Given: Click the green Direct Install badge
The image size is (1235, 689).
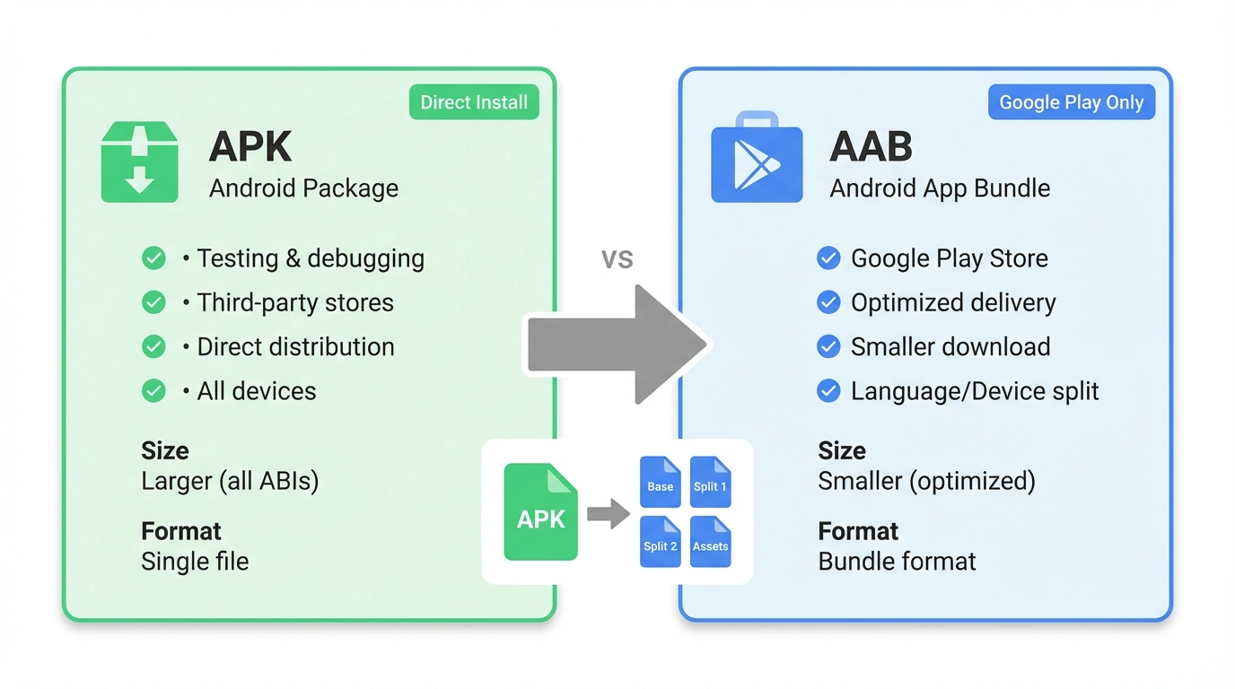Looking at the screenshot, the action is click(474, 102).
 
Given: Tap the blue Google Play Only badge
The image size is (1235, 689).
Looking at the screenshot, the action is click(1072, 102).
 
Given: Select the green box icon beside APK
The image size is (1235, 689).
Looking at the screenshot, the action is click(139, 162).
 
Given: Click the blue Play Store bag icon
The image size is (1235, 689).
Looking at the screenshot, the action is click(757, 158).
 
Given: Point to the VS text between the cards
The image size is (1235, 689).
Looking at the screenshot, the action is click(617, 259).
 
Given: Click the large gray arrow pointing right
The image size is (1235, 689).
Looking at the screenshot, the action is click(617, 344).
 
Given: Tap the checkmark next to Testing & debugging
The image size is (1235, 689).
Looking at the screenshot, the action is click(153, 258).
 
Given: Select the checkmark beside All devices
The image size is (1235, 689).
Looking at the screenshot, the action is click(153, 391).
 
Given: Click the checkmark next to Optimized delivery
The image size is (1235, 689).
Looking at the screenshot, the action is click(828, 302).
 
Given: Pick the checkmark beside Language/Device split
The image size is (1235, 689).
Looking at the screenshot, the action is click(828, 391).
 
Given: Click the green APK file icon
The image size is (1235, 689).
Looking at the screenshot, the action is click(540, 511).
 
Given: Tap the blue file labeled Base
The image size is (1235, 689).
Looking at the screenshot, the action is click(660, 482).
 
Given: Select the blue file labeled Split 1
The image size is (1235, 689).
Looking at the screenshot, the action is click(710, 482).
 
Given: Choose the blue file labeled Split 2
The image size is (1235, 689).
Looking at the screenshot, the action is click(660, 542).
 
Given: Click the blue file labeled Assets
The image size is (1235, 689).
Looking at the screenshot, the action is click(710, 542).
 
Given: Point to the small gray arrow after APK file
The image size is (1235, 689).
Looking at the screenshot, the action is click(609, 514).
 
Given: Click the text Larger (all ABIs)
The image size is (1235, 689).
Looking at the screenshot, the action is click(230, 481).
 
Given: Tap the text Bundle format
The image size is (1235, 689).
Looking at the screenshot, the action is click(897, 562).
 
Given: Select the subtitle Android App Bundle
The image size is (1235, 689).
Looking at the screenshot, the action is click(940, 188).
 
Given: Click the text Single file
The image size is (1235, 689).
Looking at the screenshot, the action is click(195, 562).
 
